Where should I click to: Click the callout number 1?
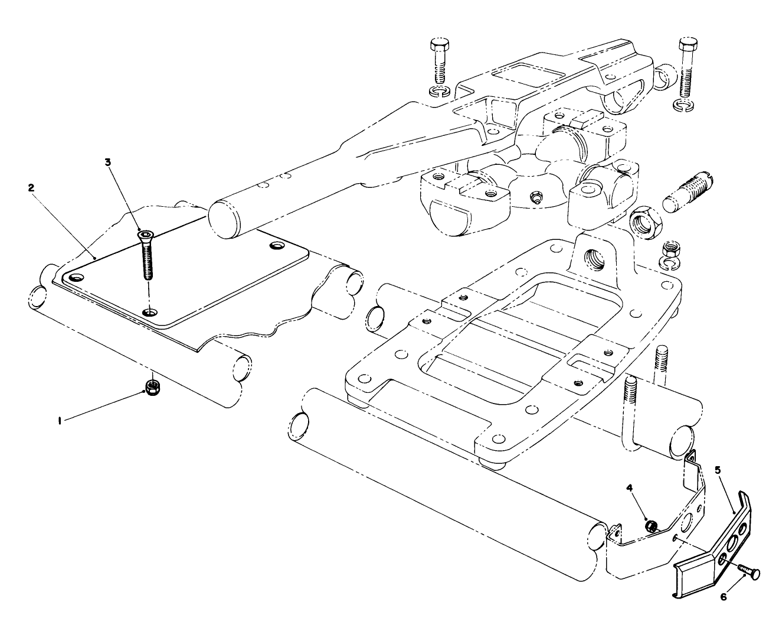tap(60, 420)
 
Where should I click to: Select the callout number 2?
tap(31, 187)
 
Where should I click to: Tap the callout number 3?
tap(107, 161)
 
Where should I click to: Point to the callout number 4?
tap(629, 488)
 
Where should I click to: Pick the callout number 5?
tap(718, 470)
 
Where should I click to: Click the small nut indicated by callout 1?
tap(153, 388)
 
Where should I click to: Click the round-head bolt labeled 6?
tap(747, 571)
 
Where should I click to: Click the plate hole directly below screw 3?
tap(150, 312)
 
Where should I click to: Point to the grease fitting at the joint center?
tap(535, 197)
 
